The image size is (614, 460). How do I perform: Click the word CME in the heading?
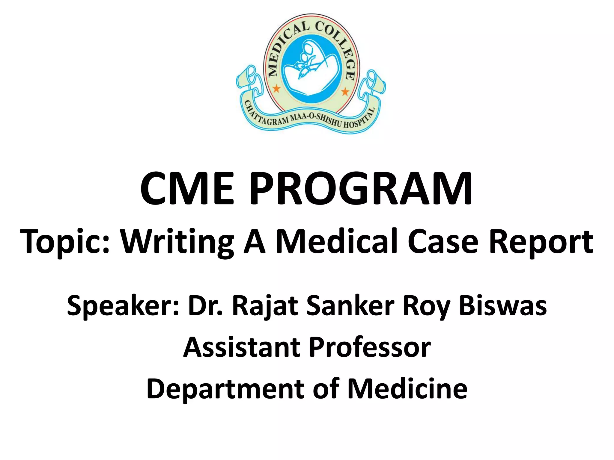pos(186,189)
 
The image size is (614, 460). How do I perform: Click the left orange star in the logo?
pos(276,89)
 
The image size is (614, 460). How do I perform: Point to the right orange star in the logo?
pos(345,91)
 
